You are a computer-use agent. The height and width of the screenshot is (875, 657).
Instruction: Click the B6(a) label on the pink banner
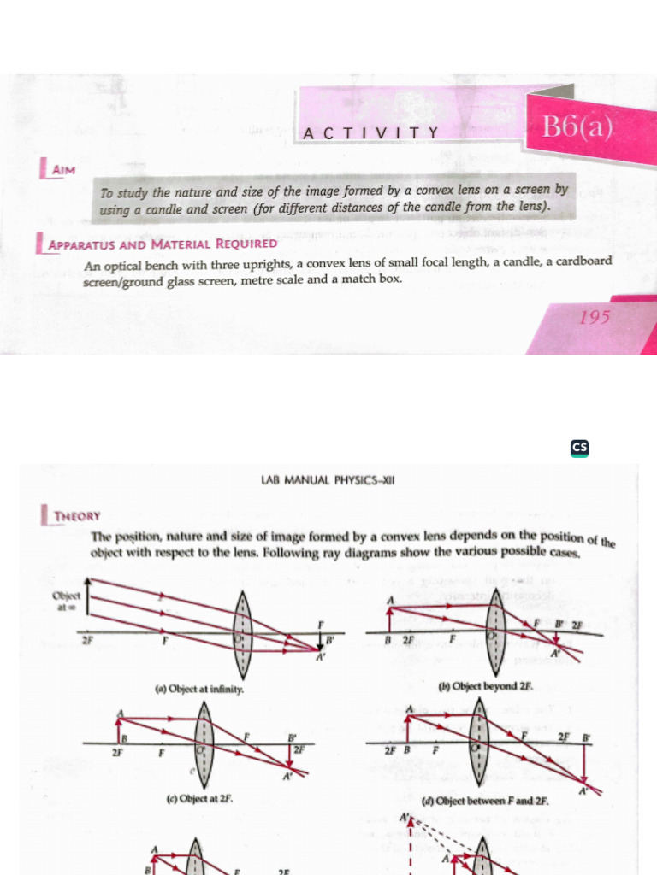click(x=577, y=128)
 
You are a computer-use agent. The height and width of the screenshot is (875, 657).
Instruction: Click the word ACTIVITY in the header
click(x=371, y=132)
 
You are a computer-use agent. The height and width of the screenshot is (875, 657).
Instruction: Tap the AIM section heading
click(x=63, y=170)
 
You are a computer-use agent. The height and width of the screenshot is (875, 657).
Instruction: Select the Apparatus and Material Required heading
click(x=163, y=244)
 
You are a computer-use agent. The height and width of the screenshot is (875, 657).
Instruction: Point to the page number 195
click(x=595, y=318)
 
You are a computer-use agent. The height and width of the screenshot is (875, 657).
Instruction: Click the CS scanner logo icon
click(x=579, y=448)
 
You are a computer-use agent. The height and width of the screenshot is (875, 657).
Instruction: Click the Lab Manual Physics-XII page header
click(x=328, y=480)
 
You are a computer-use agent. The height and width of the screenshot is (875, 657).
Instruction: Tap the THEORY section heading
click(x=77, y=516)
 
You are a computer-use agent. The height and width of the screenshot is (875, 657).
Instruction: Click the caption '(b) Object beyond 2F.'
click(x=485, y=686)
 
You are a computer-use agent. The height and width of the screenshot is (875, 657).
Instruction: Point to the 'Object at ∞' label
click(x=65, y=602)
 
